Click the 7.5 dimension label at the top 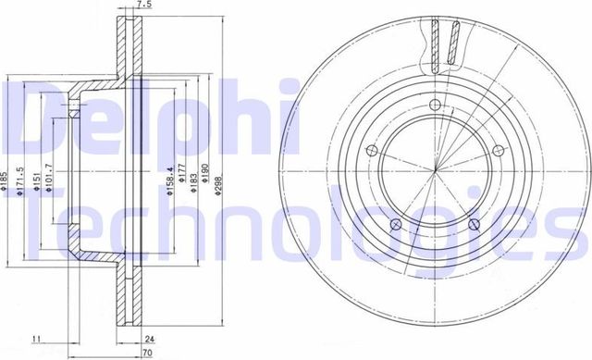point(142,6)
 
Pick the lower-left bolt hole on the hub point(395,223)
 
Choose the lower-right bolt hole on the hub point(473,224)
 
